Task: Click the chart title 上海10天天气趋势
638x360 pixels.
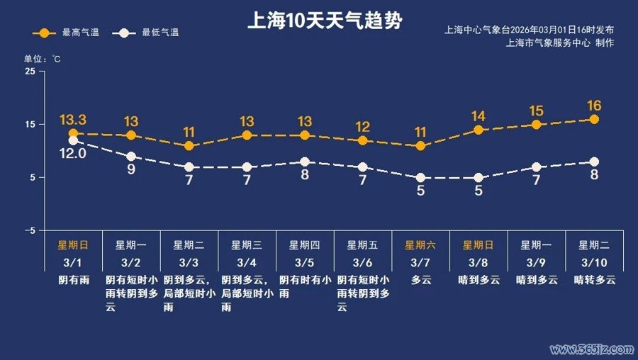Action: coord(324,21)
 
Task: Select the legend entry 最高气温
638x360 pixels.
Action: coord(70,33)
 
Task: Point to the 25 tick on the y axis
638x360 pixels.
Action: coord(30,72)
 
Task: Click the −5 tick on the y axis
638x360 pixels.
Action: coord(29,231)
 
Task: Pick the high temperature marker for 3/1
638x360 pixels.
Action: coord(73,133)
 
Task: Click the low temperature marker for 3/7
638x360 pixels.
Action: coord(420,178)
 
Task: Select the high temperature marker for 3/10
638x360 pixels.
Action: coord(594,119)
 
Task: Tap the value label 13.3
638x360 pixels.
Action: coord(73,119)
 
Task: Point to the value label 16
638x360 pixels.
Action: coord(594,106)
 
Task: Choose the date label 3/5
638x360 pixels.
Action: coord(305,262)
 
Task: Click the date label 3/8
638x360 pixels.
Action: coord(478,262)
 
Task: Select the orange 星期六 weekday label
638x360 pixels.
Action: coord(420,245)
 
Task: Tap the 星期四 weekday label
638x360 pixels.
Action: coord(305,245)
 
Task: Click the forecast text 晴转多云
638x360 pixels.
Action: coord(594,280)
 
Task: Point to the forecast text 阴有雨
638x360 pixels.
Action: coord(73,280)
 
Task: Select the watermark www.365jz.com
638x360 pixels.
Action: coord(591,349)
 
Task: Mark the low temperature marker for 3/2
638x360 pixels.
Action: coord(131,157)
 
